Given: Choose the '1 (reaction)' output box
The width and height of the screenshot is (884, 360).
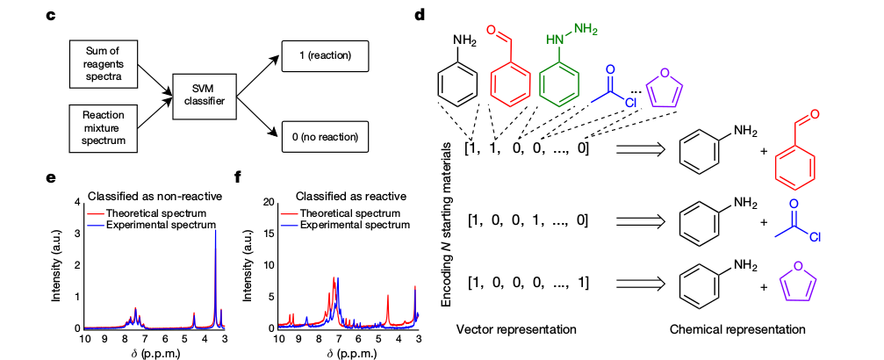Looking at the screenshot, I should point(324,57).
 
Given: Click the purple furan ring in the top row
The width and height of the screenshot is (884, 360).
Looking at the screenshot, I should point(663,90).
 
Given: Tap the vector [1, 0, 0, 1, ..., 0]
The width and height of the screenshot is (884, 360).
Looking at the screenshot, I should point(527,219).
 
